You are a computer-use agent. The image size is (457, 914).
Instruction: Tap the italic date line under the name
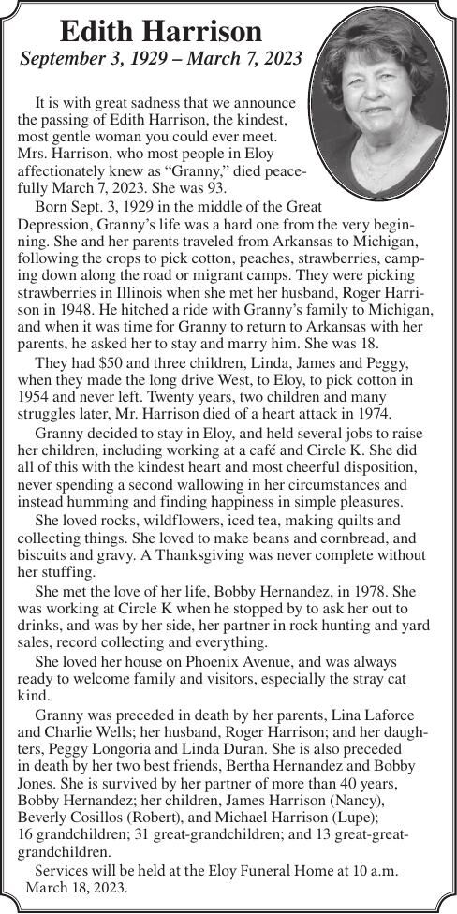click(161, 58)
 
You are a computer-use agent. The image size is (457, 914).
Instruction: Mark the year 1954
click(35, 397)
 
